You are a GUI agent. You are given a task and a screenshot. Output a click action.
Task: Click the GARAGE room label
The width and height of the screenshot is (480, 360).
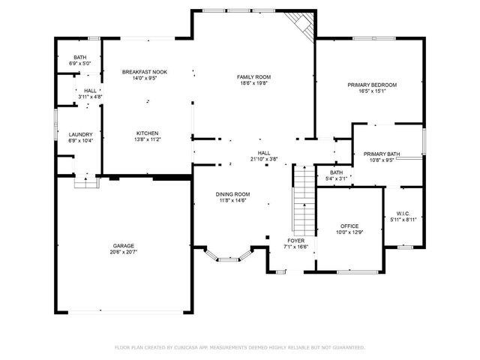[x=124, y=245]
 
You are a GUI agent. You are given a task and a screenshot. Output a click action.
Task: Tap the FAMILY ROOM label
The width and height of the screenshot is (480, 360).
[x=253, y=77]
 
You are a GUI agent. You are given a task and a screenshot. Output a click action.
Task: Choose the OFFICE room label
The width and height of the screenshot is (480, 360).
[x=349, y=226]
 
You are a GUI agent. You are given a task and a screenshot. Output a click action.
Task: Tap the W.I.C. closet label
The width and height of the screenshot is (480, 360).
[x=403, y=213]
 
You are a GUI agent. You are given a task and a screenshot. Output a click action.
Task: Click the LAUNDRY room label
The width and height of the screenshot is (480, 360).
[x=80, y=134]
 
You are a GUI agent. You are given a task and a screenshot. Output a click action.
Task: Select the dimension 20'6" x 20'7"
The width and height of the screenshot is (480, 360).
[x=124, y=252]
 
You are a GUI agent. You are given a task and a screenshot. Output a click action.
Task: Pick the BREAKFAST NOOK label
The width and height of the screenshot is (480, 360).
[x=145, y=71]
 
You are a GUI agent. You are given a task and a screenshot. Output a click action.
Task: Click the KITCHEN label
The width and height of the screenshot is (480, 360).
[x=147, y=133]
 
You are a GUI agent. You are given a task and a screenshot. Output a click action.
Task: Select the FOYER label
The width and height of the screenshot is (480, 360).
[x=295, y=241]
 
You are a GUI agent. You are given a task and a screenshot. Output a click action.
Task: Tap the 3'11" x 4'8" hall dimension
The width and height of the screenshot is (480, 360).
[x=90, y=97]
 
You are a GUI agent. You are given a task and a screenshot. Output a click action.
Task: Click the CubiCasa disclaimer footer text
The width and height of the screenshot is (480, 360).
[x=239, y=347]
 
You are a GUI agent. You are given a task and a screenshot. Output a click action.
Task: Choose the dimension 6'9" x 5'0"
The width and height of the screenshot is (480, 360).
[x=80, y=64]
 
